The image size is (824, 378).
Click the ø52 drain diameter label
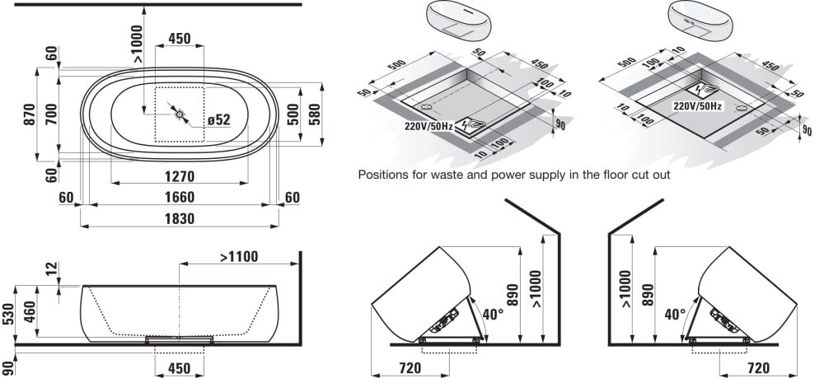(x=219, y=119)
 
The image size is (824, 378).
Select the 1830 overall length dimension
(x=180, y=218)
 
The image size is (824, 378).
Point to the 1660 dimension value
(x=180, y=198)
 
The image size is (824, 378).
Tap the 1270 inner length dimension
(x=180, y=176)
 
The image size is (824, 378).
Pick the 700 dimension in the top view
(x=51, y=114)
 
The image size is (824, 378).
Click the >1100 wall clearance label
(x=239, y=257)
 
